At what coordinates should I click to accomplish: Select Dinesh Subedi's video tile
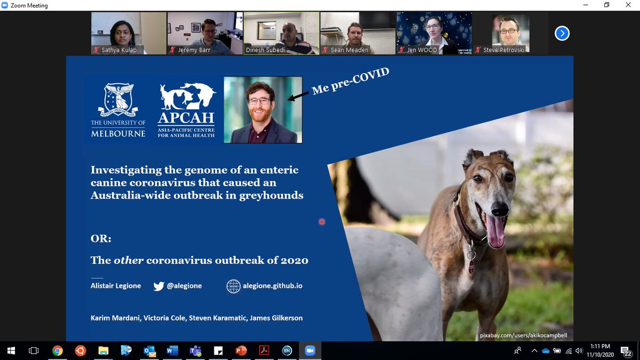281,33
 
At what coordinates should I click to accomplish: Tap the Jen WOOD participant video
434,33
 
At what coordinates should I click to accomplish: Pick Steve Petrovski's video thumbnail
510,33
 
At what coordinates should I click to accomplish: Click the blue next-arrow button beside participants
562,34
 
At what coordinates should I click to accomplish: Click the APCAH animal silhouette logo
187,96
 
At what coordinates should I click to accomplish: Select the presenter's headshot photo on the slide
263,110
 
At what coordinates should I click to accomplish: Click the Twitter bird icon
158,286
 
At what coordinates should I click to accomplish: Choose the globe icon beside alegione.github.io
233,286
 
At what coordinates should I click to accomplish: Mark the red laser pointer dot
322,221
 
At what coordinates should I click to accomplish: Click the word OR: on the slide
101,239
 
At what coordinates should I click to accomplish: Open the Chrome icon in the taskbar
57,350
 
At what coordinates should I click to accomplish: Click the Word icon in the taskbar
172,350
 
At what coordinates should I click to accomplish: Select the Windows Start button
11,350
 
